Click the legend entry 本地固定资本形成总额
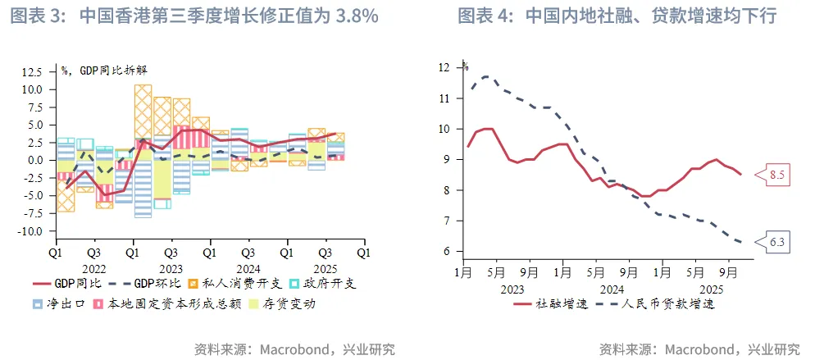point(168,303)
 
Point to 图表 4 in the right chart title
point(484,16)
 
